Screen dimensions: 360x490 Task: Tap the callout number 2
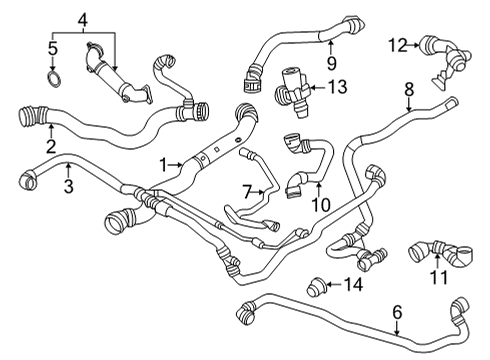pyautogui.click(x=50, y=147)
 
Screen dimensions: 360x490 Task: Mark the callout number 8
pyautogui.click(x=408, y=91)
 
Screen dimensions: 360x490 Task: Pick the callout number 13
pyautogui.click(x=338, y=87)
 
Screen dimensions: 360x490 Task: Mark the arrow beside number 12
pyautogui.click(x=414, y=44)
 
